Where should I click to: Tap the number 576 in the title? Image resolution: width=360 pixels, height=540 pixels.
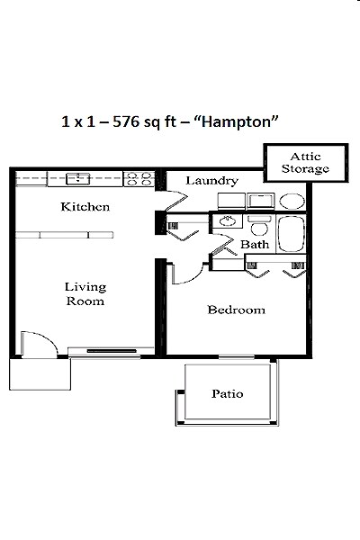126,121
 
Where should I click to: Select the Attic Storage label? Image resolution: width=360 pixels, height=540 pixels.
305,163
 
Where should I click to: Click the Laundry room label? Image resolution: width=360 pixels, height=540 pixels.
211,181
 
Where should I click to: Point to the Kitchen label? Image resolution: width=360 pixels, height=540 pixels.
85,207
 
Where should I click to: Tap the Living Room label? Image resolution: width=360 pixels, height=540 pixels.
85,293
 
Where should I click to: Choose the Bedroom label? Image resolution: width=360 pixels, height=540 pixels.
237,310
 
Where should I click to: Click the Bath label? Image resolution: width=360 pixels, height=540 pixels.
255,244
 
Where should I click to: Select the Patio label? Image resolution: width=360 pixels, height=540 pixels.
228,393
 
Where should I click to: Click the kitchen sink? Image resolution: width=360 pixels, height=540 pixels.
78,178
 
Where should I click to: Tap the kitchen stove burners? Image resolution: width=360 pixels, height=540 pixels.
139,179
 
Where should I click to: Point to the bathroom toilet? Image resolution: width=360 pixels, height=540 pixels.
259,226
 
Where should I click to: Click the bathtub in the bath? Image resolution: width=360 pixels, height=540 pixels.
292,234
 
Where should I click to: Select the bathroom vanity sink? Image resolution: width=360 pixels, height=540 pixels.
228,220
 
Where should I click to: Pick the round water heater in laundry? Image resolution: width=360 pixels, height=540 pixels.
292,201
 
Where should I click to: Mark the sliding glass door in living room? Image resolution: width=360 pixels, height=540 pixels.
111,351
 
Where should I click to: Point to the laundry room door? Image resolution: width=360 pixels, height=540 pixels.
176,201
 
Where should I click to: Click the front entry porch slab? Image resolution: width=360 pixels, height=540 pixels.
40,374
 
